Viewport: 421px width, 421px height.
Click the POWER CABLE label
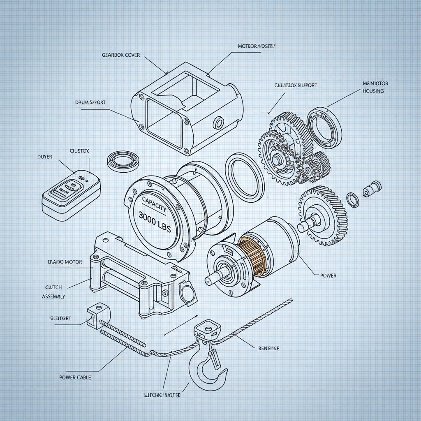75,377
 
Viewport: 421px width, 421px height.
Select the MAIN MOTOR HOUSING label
375,87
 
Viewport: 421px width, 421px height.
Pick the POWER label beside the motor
328,275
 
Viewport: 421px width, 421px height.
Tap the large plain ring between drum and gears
245,175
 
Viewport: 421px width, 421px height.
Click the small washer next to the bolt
352,199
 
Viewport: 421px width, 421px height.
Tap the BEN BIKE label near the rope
268,348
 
